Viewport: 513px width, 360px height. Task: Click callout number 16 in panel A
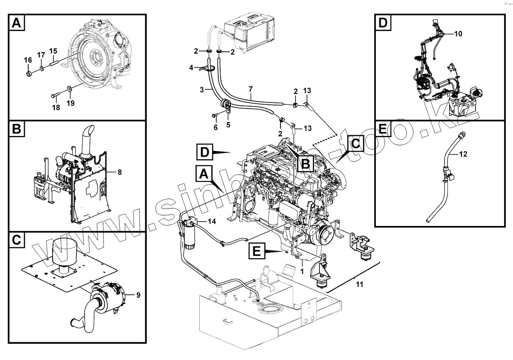28,60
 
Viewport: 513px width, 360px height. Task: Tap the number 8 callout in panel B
119,172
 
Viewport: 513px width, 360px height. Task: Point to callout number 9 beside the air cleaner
138,295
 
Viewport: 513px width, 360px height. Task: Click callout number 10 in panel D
458,34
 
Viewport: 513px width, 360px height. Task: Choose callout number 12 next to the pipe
464,154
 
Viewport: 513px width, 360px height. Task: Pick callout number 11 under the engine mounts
359,285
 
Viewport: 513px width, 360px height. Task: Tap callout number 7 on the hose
251,90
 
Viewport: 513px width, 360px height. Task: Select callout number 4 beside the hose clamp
191,68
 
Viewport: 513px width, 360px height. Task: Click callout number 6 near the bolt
216,127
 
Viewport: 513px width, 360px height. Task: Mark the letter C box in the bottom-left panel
16,240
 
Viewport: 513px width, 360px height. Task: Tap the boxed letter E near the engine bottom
257,251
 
